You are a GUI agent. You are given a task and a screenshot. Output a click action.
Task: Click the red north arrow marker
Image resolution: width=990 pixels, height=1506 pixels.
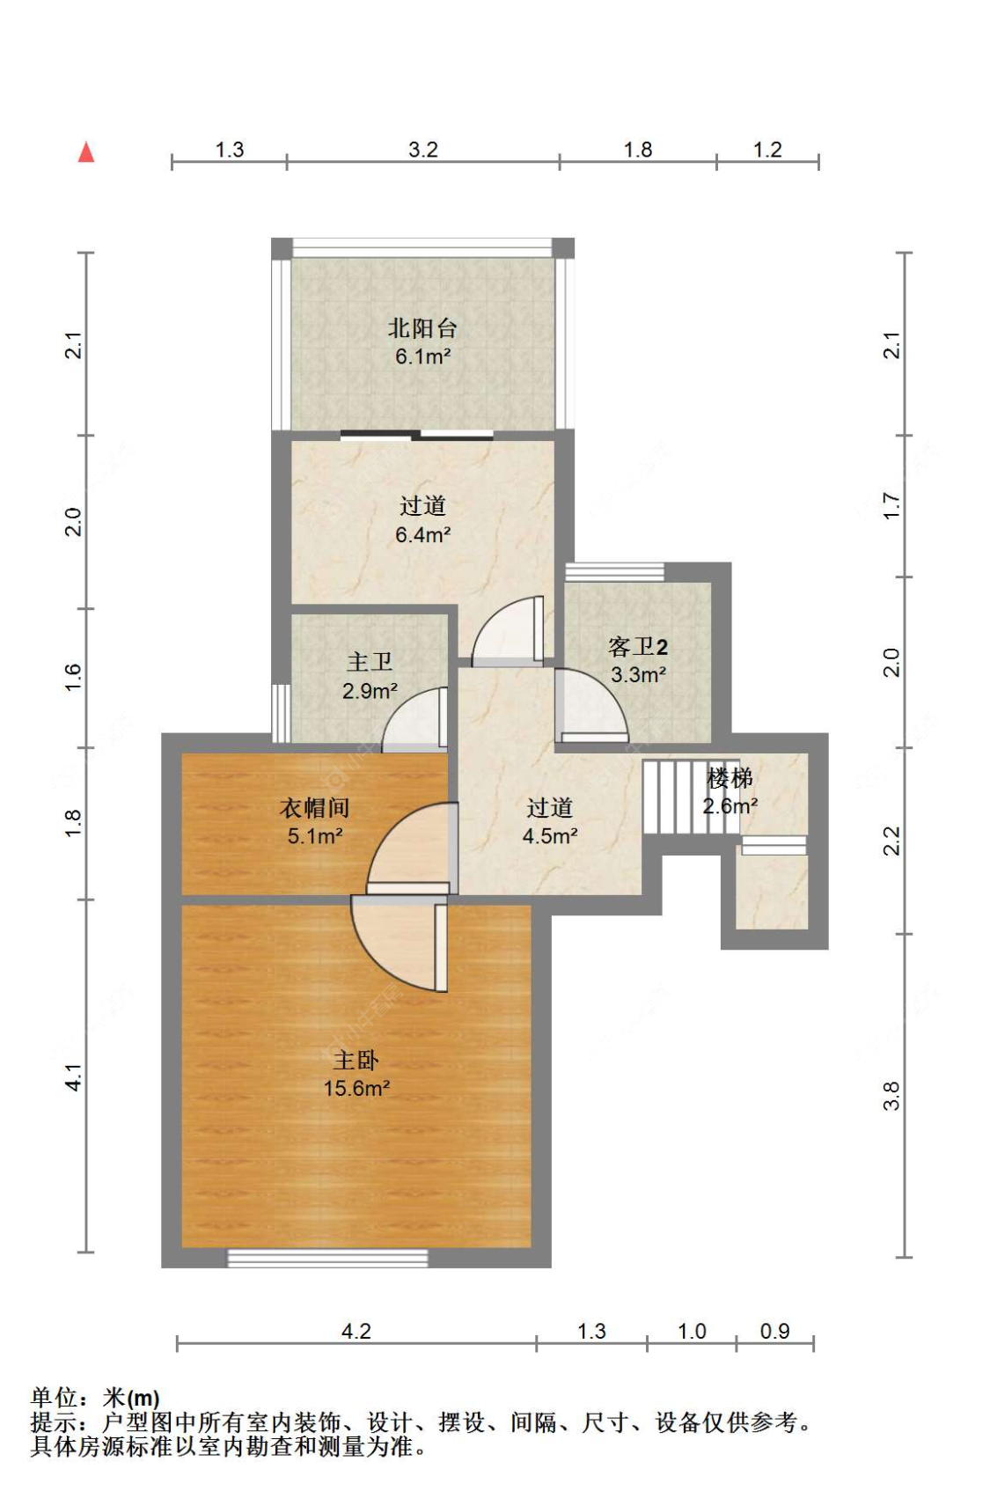tap(86, 152)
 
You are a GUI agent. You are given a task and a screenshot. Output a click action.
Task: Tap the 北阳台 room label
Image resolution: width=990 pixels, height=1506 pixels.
tap(422, 328)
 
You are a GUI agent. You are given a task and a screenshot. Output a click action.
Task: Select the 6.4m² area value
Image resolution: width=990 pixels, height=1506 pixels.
tap(422, 535)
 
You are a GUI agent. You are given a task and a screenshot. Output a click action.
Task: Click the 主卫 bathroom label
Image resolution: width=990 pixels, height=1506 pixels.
tap(369, 662)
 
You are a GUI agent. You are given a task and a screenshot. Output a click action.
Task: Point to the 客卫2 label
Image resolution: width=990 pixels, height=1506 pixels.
tap(638, 647)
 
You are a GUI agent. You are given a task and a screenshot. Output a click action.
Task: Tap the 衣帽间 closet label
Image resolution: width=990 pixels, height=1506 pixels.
tap(314, 808)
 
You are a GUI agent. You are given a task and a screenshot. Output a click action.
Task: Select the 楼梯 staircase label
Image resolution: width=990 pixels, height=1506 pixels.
tap(730, 779)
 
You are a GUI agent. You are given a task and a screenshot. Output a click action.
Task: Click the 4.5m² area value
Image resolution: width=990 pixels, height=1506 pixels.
tap(550, 835)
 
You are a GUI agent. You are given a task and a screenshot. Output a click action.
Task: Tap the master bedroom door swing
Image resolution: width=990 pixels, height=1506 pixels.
tap(400, 944)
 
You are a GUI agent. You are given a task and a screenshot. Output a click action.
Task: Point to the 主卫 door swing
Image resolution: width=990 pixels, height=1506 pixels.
tap(414, 719)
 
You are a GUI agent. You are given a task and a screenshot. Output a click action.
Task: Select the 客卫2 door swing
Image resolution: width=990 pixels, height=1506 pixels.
tap(591, 705)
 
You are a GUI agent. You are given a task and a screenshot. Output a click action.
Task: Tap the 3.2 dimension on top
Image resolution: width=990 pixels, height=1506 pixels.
tap(422, 150)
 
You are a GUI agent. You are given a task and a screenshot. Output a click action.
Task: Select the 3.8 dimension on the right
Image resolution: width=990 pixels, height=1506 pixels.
tap(891, 1096)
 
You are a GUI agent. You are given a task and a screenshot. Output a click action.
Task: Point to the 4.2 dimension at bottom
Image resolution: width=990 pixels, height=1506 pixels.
tap(356, 1331)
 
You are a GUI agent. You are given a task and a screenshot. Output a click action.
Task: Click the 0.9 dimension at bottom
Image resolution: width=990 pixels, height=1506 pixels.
tap(774, 1331)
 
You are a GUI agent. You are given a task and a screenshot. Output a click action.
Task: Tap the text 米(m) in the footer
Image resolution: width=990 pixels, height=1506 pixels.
tap(131, 1397)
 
